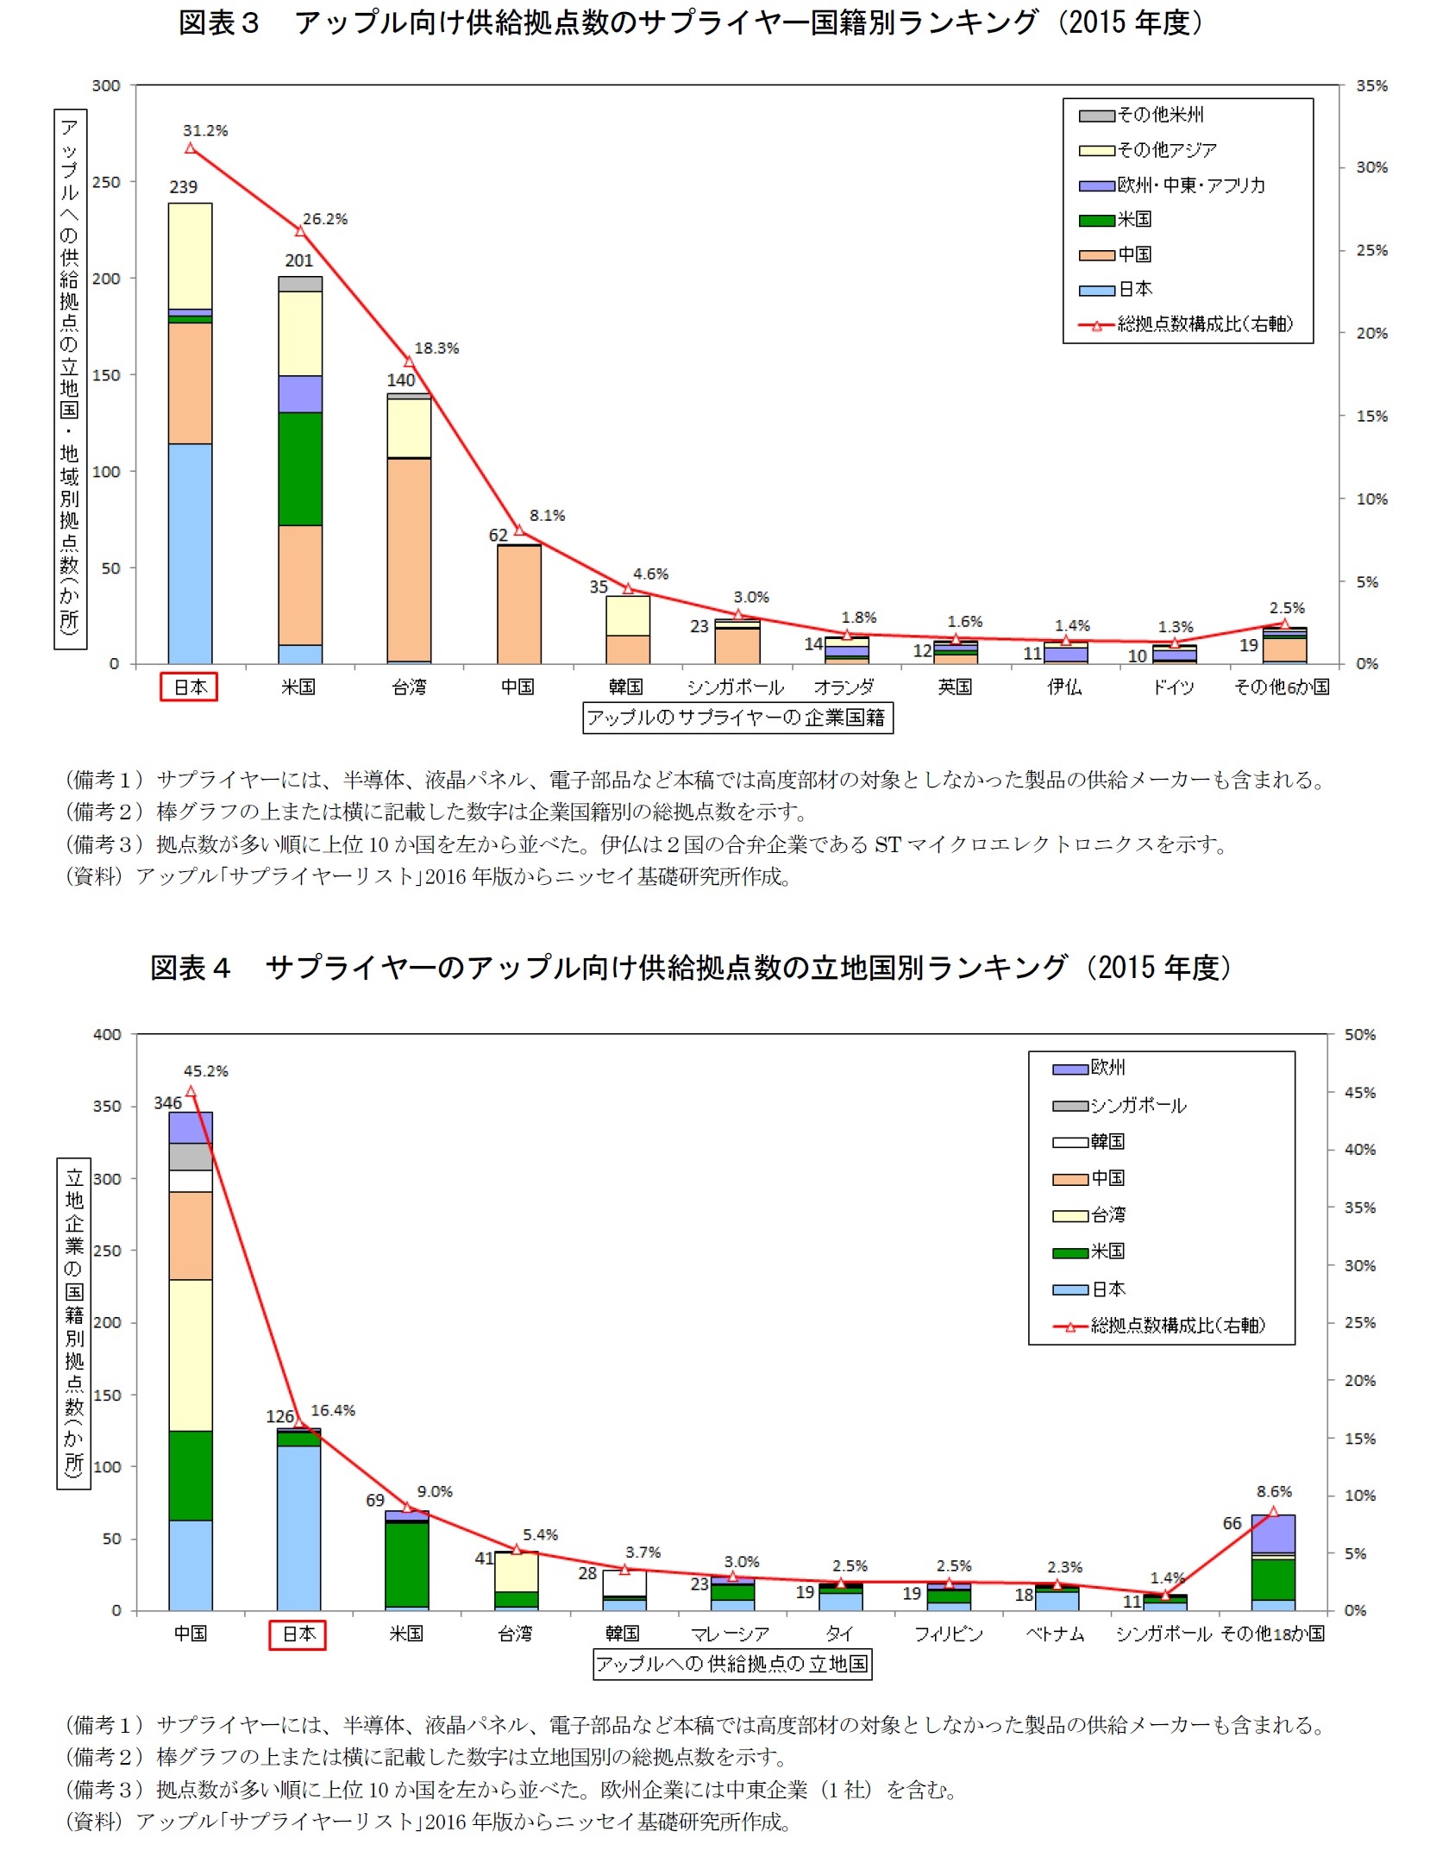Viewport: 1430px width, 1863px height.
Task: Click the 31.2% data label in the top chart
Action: coord(205,131)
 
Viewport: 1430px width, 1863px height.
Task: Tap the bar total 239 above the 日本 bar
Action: coord(183,187)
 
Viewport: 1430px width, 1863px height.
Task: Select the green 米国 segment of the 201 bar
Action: coord(300,469)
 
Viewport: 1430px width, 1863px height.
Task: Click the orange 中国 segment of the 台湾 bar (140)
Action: coord(409,559)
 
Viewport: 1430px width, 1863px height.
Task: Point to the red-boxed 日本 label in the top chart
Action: coord(189,687)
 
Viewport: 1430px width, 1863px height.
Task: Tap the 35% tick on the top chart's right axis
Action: coord(1370,85)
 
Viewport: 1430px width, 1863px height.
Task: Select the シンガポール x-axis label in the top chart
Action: coord(735,687)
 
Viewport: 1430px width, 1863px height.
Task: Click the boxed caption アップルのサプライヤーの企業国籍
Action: coord(737,718)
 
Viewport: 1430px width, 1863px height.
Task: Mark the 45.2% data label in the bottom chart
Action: coord(205,1071)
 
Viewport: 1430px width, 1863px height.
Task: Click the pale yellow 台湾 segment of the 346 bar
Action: coord(191,1354)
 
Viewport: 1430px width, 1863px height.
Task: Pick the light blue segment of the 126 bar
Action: coord(299,1527)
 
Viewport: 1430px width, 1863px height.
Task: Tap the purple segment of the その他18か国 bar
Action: coord(1273,1534)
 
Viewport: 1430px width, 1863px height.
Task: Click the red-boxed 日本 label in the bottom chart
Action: coord(298,1634)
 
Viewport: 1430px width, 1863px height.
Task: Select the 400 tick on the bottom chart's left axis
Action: coord(107,1034)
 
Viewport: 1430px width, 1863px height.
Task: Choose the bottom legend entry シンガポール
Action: coord(1138,1106)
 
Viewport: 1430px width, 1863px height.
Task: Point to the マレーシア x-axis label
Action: coord(730,1634)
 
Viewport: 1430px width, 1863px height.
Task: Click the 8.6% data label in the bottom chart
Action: coord(1274,1491)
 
